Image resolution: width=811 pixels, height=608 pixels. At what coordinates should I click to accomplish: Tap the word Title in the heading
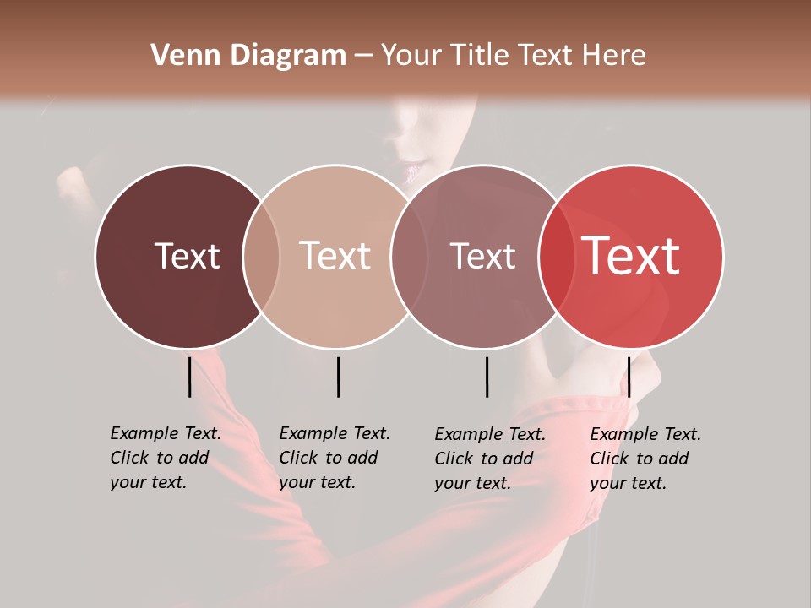click(x=478, y=56)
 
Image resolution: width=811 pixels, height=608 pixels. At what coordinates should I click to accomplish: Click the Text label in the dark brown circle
click(x=187, y=256)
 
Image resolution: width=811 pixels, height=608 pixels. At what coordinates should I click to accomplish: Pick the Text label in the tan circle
click(x=335, y=256)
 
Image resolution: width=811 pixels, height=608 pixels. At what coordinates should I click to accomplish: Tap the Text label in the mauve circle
click(x=482, y=256)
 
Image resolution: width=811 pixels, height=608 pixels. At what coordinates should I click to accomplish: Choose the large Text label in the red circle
click(x=631, y=256)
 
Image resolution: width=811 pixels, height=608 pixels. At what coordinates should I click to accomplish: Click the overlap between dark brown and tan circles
click(x=261, y=256)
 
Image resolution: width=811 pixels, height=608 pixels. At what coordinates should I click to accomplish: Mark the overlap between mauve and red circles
click(x=556, y=256)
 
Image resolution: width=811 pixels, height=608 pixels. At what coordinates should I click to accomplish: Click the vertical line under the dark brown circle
click(x=189, y=377)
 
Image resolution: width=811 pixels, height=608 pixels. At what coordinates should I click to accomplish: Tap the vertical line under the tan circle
click(x=338, y=377)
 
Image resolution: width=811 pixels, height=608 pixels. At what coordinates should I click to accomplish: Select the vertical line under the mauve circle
click(x=487, y=377)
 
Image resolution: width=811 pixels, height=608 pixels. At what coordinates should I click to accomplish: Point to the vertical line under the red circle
click(x=629, y=377)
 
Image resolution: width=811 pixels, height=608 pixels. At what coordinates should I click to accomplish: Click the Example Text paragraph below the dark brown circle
click(x=166, y=458)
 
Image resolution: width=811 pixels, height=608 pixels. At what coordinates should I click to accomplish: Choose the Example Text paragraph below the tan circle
click(x=335, y=458)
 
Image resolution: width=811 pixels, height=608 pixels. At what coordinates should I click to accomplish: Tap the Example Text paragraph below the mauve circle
click(x=490, y=458)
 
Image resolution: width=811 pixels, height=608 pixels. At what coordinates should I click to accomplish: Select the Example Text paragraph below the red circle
click(x=645, y=458)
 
